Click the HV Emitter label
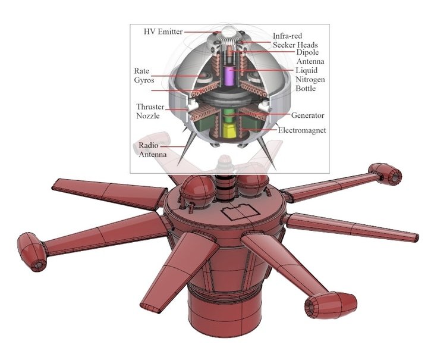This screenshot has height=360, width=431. point(163,32)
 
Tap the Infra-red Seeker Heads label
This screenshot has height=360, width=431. point(295,40)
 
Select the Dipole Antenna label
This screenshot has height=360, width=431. point(310,57)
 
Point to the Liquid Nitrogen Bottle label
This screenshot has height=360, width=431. point(310,79)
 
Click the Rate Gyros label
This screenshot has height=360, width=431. point(144,76)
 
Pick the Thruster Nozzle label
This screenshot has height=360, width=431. point(150,111)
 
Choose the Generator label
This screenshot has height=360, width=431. point(307,115)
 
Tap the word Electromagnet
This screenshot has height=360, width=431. point(302,130)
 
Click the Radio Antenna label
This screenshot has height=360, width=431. point(152,149)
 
